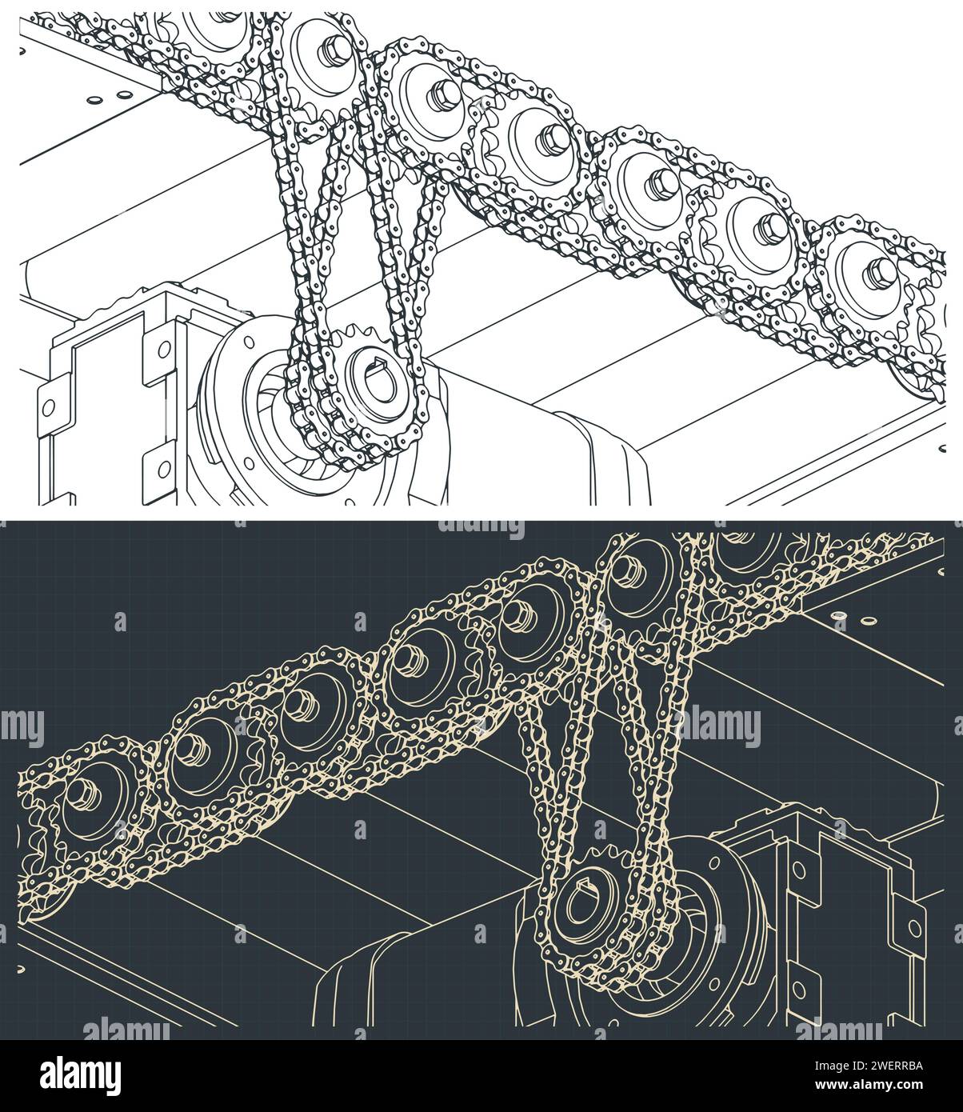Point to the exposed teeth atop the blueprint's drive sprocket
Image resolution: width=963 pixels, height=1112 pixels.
click(609, 854)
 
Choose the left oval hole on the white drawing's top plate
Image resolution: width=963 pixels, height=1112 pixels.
click(97, 99)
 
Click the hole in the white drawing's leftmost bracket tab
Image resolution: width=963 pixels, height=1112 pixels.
click(51, 408)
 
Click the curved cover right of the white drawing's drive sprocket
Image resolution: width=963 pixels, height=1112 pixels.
click(608, 456)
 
